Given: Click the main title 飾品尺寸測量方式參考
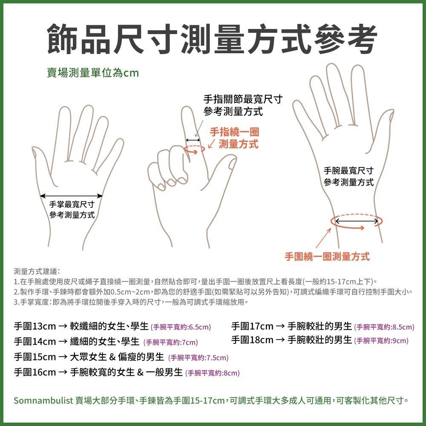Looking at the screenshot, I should click(212, 40).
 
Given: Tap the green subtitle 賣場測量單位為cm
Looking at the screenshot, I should click(93, 73).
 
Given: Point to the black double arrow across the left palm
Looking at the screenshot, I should click(71, 196).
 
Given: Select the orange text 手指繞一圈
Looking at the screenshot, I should click(234, 132).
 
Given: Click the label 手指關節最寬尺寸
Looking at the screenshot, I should click(243, 100).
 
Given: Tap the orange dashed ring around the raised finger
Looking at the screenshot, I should click(194, 148).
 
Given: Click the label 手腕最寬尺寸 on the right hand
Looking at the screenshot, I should click(348, 171).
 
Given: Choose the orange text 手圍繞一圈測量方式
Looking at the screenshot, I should click(327, 256).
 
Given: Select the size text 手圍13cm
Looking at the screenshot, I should click(35, 327).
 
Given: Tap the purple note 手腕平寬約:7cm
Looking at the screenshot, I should click(170, 342).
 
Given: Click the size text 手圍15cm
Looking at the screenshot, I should click(35, 357).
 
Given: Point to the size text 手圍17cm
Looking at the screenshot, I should click(252, 327).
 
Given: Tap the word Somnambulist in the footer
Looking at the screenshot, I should click(43, 401).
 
